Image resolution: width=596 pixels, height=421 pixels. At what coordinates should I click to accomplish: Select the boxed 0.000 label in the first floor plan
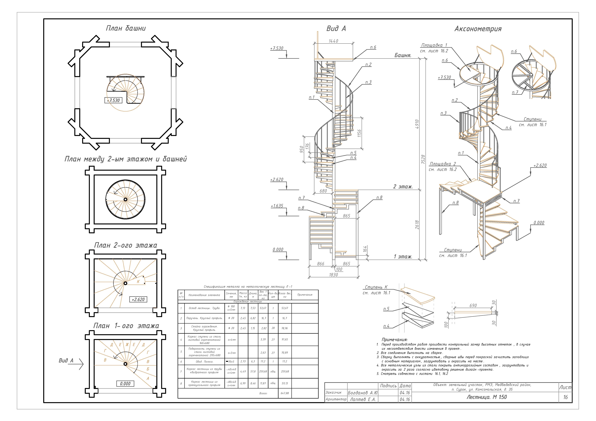click(x=125, y=384)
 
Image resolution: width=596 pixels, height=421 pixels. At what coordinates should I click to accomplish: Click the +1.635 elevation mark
click(x=277, y=206)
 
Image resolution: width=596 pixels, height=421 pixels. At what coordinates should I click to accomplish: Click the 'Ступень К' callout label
click(x=376, y=287)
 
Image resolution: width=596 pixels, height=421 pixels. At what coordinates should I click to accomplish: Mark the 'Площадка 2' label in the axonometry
click(x=443, y=164)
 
